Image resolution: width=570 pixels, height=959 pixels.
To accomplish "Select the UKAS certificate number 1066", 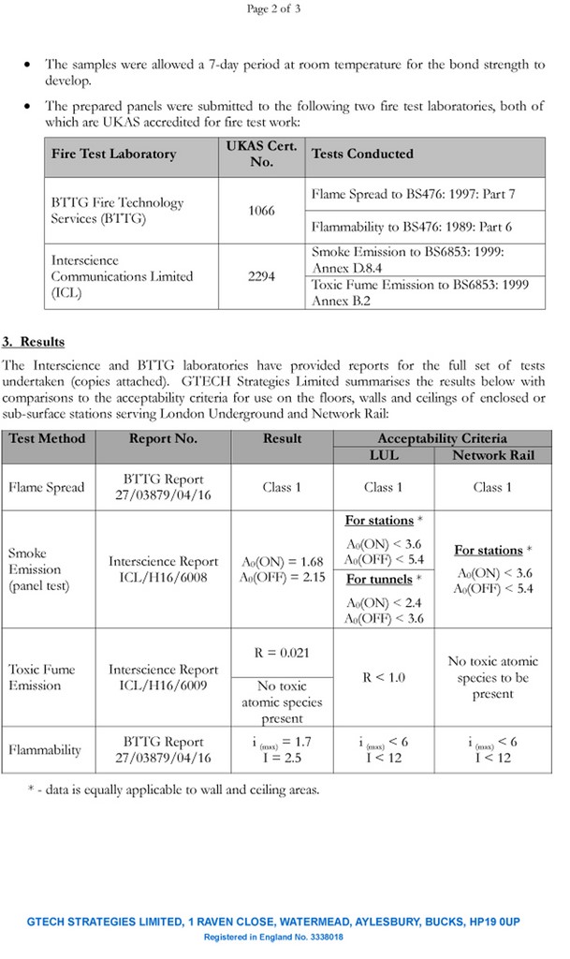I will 261,211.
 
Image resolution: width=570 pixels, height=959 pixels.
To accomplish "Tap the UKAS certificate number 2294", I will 261,277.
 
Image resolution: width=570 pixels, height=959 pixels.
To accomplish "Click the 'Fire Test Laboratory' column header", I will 113,154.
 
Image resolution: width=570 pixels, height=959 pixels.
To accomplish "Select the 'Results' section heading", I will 41,342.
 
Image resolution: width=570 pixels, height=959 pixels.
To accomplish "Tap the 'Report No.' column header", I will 163,438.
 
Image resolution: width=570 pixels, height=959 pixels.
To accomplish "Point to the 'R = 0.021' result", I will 282,653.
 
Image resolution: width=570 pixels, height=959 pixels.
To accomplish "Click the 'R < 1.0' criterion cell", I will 385,677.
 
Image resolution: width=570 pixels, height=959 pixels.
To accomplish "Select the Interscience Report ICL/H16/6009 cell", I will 163,677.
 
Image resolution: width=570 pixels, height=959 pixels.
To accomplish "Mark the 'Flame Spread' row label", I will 46,487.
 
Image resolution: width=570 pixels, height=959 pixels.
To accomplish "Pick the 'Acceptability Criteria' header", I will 442,438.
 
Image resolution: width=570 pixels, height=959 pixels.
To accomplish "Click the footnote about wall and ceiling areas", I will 173,789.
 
